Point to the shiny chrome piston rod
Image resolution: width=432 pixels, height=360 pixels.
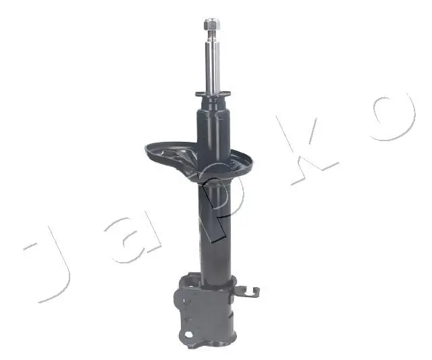pos(211,64)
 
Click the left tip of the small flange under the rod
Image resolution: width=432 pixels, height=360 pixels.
pos(196,95)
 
